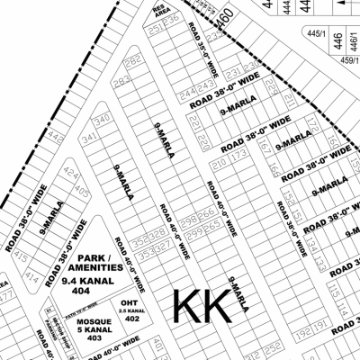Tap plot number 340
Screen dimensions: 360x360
click(x=103, y=119)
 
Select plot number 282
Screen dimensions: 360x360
click(x=133, y=62)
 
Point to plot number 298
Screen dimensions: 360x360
click(x=188, y=219)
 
